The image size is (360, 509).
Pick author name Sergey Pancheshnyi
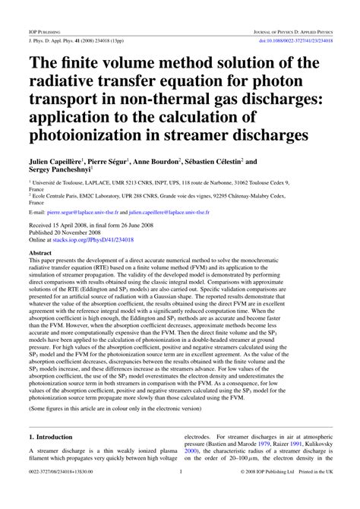[66, 173]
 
